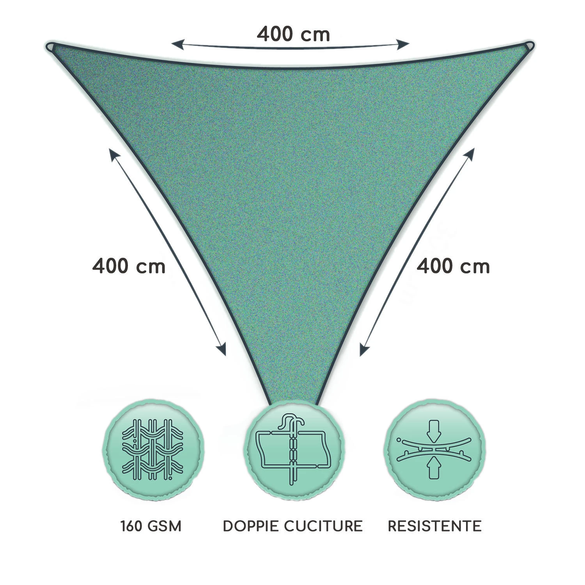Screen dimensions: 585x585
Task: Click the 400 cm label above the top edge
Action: (293, 34)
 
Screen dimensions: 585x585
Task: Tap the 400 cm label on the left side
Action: (129, 266)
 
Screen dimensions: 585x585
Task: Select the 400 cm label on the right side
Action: (453, 266)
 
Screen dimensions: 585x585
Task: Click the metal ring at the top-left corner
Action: (50, 46)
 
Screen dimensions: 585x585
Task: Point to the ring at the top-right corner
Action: (530, 46)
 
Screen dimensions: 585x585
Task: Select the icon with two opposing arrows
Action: (435, 449)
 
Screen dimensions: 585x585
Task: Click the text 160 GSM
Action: (151, 526)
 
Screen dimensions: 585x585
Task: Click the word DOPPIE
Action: (251, 526)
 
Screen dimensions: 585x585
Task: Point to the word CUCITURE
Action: (323, 526)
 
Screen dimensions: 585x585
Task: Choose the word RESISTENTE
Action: (435, 526)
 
